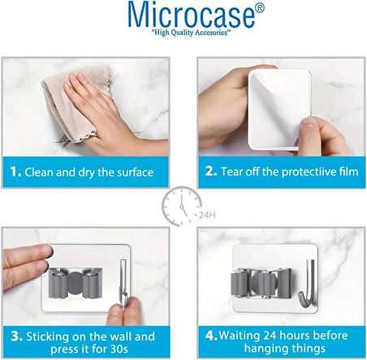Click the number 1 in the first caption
(x=15, y=172)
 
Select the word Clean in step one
(x=41, y=172)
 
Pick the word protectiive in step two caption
(x=287, y=172)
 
